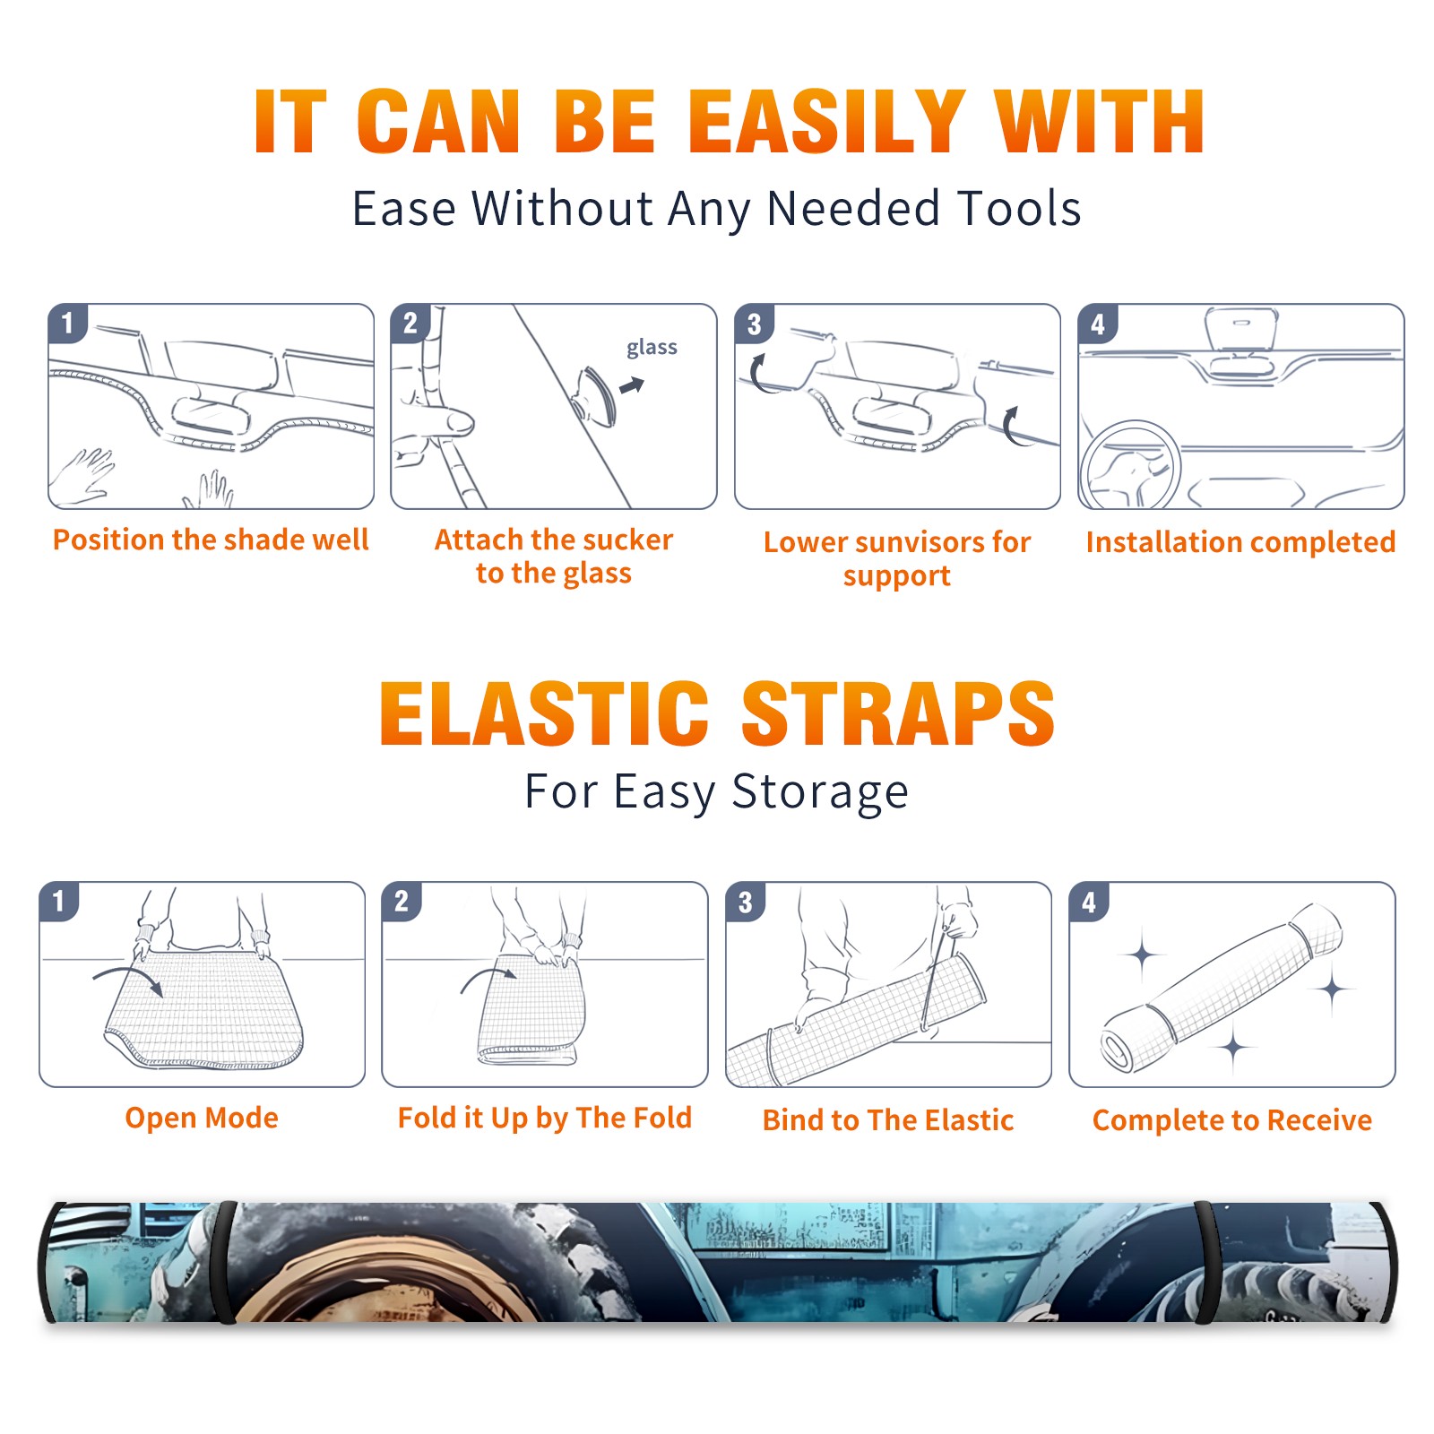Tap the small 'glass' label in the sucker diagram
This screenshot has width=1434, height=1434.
(652, 348)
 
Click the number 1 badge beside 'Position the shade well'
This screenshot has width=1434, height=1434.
(67, 323)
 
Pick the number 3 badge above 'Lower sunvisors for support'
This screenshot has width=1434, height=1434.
(754, 324)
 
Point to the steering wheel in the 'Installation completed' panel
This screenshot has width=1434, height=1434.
(1129, 464)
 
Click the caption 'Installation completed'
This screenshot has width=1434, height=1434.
(1240, 542)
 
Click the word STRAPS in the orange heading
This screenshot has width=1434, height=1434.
(899, 713)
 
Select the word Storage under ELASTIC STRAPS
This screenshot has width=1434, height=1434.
(820, 793)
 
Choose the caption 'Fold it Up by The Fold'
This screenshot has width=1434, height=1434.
(545, 1119)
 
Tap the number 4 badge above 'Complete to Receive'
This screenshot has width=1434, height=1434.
(1089, 902)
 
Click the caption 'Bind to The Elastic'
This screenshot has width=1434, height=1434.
(888, 1120)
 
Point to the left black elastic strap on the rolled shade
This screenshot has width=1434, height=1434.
(226, 1262)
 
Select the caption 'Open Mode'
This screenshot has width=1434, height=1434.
(202, 1119)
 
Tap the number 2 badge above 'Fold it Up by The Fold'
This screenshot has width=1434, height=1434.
(402, 901)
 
